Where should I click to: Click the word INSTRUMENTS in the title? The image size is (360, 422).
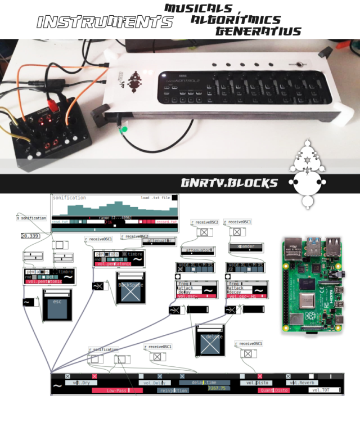[104, 22]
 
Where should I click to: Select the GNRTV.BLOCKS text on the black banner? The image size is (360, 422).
[229, 183]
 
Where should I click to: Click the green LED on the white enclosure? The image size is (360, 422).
[125, 129]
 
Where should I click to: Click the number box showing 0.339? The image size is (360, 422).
[31, 236]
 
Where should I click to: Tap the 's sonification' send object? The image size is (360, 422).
[31, 218]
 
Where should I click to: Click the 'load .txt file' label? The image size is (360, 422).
[155, 198]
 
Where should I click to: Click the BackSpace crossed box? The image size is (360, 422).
[130, 289]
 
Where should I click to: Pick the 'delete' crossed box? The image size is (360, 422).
[210, 340]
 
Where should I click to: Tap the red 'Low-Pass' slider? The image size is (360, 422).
[116, 389]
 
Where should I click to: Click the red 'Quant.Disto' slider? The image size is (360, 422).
[273, 389]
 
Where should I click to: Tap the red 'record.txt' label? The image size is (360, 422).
[166, 222]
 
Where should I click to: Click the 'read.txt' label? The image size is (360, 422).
[61, 222]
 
